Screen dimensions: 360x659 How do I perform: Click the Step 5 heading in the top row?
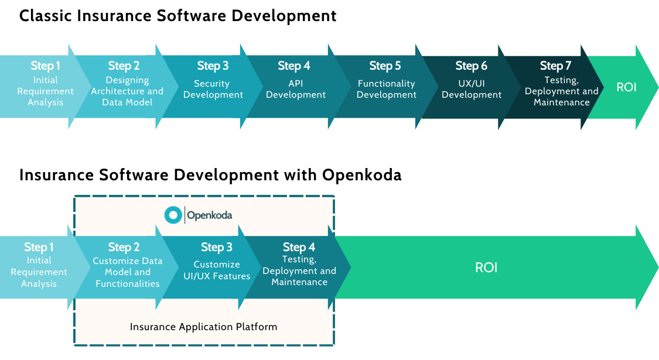pyautogui.click(x=385, y=66)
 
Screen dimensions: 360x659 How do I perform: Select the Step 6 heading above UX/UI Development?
pyautogui.click(x=471, y=66)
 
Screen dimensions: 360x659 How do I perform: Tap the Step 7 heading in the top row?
pyautogui.click(x=555, y=66)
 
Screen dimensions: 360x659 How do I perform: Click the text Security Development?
pyautogui.click(x=213, y=89)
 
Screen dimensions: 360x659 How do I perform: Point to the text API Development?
pyautogui.click(x=296, y=89)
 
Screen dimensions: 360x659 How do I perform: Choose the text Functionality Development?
pyautogui.click(x=387, y=89)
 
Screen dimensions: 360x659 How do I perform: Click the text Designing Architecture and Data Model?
pyautogui.click(x=127, y=91)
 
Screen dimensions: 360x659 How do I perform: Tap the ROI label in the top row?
pyautogui.click(x=626, y=88)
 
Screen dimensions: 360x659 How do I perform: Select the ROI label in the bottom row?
pyautogui.click(x=486, y=268)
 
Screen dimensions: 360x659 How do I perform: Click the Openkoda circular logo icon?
pyautogui.click(x=173, y=215)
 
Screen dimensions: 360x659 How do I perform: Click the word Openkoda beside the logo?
pyautogui.click(x=209, y=215)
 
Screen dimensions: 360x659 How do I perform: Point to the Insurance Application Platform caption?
pyautogui.click(x=203, y=327)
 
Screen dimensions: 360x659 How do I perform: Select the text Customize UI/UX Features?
pyautogui.click(x=217, y=270)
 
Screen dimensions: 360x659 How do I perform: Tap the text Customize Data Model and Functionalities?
pyautogui.click(x=127, y=272)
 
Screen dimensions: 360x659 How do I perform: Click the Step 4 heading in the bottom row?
pyautogui.click(x=299, y=247)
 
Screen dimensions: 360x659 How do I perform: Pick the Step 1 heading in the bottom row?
pyautogui.click(x=39, y=247)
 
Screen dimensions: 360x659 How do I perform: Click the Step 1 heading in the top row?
pyautogui.click(x=46, y=66)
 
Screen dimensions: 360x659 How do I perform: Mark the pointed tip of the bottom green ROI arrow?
pyautogui.click(x=656, y=268)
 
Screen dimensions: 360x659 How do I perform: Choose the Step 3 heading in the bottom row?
pyautogui.click(x=216, y=247)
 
